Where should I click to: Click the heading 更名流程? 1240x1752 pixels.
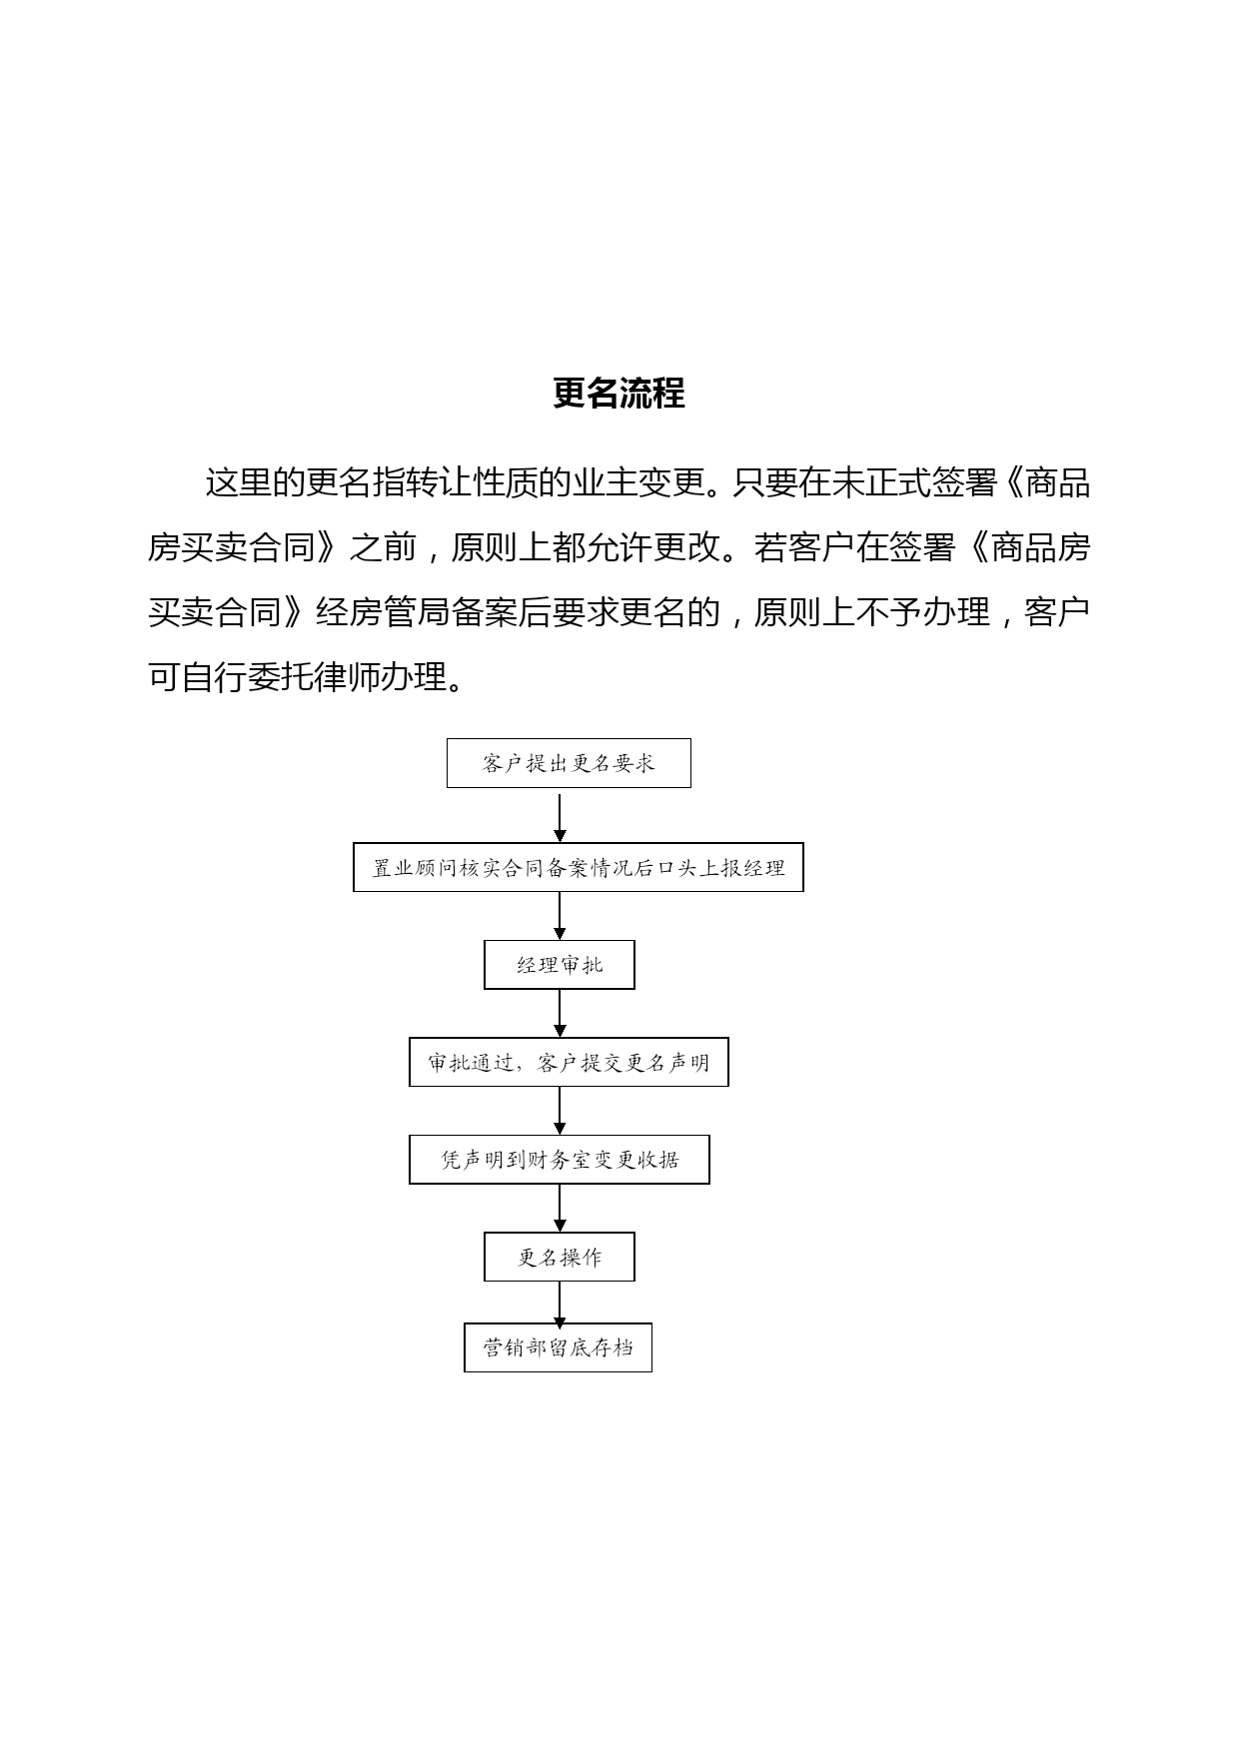[619, 394]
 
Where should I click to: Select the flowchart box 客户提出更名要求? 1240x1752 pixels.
[569, 763]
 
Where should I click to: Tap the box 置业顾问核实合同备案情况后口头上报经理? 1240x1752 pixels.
[579, 867]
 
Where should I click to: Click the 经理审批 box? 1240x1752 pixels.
[560, 965]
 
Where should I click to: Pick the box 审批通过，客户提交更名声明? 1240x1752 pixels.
[569, 1062]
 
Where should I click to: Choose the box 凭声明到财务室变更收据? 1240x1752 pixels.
[560, 1160]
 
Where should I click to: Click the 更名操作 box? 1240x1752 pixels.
[560, 1257]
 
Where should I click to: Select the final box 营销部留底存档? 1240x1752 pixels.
[559, 1347]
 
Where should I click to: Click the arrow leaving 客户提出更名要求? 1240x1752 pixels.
[560, 816]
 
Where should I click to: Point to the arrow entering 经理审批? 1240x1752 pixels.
[560, 916]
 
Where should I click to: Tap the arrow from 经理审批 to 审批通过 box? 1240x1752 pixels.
[560, 1014]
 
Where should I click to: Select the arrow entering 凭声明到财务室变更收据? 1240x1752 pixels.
[560, 1111]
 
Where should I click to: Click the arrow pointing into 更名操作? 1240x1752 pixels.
[560, 1209]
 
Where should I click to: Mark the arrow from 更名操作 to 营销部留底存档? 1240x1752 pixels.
[560, 1303]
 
